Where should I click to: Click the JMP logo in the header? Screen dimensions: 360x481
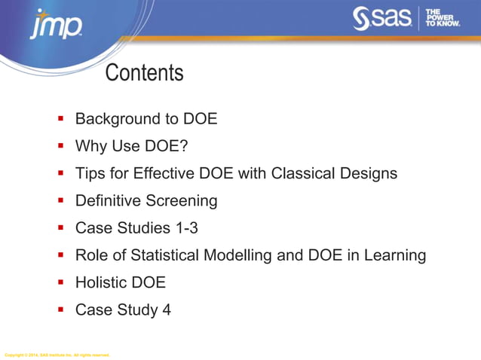tap(56, 26)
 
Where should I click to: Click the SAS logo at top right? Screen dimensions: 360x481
tap(383, 19)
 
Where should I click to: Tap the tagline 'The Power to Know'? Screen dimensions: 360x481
tap(442, 19)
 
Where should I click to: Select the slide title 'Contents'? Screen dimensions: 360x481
tap(144, 73)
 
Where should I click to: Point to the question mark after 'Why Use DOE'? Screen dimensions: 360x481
tap(183, 146)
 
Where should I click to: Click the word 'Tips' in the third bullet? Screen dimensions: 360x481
tap(90, 173)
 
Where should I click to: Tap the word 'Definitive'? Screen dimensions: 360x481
tap(108, 200)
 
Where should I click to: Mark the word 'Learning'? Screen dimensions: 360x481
tap(394, 255)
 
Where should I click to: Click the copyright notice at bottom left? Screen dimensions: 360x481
tap(57, 355)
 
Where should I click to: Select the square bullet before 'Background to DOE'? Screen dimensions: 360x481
tap(60, 118)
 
